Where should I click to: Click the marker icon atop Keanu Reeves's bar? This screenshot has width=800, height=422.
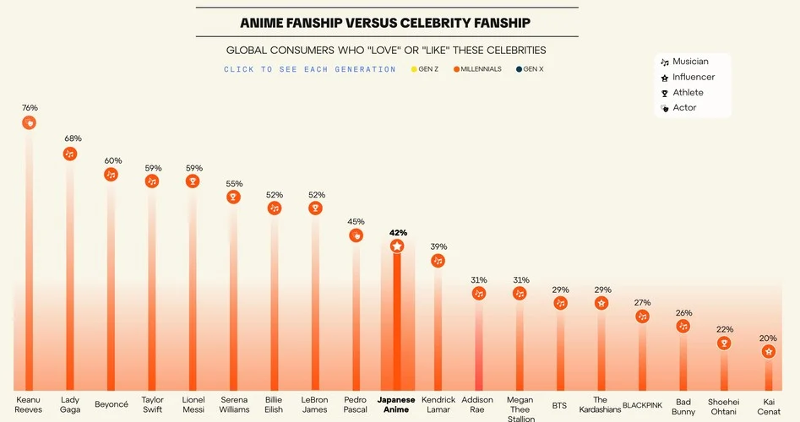[x=30, y=123]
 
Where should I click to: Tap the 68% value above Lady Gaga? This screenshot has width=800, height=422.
[x=70, y=138]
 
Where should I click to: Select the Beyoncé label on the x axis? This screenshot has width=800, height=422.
[x=112, y=404]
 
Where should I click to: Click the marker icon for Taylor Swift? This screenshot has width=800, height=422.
[x=152, y=181]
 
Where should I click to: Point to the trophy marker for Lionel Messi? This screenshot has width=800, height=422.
[x=193, y=181]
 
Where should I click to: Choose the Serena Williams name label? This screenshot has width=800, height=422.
[x=234, y=404]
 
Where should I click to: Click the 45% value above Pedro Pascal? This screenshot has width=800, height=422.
[x=356, y=222]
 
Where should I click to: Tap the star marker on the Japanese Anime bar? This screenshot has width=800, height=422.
[x=397, y=246]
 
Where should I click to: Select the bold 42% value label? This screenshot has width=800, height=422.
[x=398, y=232]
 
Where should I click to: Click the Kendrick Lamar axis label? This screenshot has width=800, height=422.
[x=438, y=404]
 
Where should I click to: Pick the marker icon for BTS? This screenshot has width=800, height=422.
[x=560, y=302]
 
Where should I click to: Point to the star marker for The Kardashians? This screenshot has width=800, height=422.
[x=601, y=302]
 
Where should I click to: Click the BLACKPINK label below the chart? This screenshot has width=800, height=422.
[x=642, y=405]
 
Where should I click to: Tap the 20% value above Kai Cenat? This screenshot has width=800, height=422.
[x=768, y=338]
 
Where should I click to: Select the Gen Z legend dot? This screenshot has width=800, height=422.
[x=414, y=69]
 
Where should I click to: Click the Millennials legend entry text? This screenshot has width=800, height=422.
[x=481, y=69]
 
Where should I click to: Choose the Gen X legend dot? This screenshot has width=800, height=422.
[x=520, y=69]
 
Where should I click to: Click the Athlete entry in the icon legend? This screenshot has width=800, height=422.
[x=688, y=93]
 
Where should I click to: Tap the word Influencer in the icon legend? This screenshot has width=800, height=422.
[x=694, y=77]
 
